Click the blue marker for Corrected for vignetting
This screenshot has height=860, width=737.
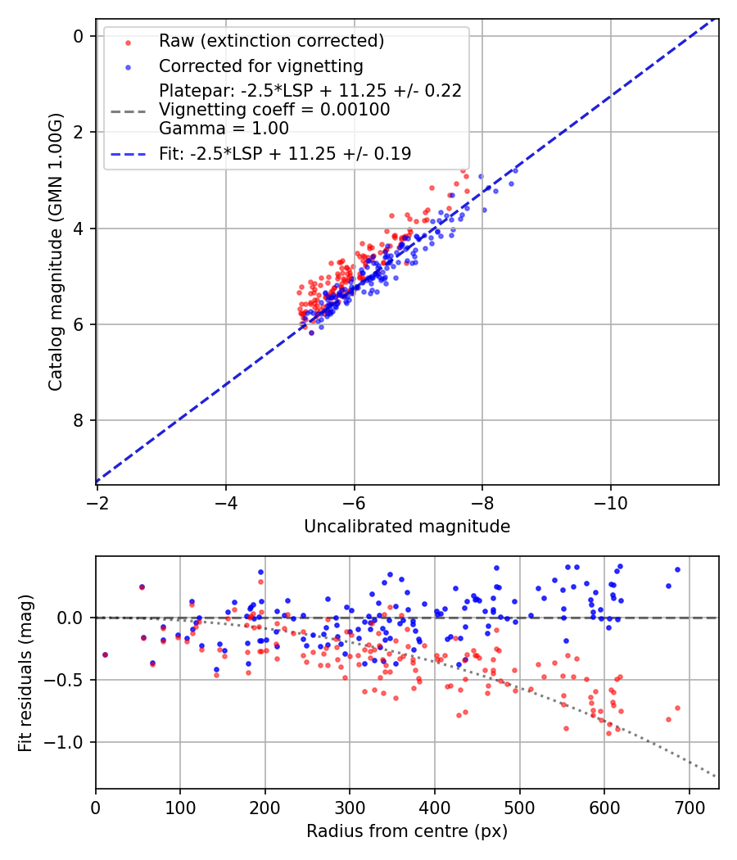128,66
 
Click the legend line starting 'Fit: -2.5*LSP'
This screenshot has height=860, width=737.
285,153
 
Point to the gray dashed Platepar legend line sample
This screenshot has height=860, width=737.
128,110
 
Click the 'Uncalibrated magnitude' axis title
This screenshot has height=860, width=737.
407,527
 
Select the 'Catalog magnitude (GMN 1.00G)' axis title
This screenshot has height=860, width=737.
55,252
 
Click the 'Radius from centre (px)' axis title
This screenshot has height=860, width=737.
407,831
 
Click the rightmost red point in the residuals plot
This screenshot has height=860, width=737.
677,708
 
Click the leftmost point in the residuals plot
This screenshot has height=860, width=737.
105,654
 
